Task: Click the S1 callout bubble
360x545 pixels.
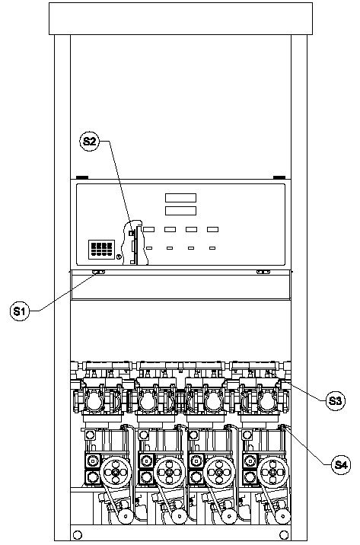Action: point(20,311)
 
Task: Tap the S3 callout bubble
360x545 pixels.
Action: point(335,400)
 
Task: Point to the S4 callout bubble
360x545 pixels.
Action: point(340,464)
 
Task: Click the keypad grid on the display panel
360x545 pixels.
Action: point(101,249)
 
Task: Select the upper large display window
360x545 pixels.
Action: point(180,198)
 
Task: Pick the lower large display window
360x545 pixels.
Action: point(180,211)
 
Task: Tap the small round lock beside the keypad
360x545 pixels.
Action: point(118,257)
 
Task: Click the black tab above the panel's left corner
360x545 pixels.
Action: point(82,177)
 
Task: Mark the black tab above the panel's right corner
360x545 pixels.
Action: point(279,177)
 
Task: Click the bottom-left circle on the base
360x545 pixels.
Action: point(78,534)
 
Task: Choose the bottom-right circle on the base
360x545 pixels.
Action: point(284,534)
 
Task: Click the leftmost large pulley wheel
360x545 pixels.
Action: point(117,472)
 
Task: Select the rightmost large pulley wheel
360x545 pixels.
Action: point(274,472)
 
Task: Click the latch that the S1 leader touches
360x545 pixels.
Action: point(98,272)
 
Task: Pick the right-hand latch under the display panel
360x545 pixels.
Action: point(263,272)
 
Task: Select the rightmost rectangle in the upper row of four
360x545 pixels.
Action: point(212,229)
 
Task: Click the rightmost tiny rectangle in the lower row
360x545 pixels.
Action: point(212,248)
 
